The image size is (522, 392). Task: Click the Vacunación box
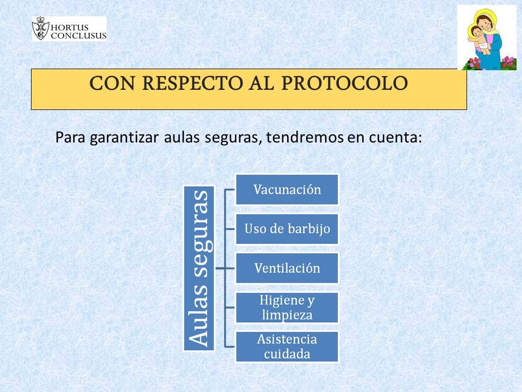(x=287, y=189)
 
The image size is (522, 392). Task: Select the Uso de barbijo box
(x=287, y=229)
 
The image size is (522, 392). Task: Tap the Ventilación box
(x=287, y=268)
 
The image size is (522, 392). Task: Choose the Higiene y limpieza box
(x=287, y=307)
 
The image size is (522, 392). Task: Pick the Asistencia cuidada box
(x=287, y=347)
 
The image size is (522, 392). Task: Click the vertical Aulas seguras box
(x=199, y=268)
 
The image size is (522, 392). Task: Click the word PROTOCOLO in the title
(x=345, y=83)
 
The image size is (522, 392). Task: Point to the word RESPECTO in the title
(x=192, y=83)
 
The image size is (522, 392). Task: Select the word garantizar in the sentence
(x=124, y=138)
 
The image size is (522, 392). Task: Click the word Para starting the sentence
(x=70, y=137)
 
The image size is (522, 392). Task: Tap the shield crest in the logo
(x=41, y=28)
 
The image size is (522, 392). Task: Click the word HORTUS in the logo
(x=70, y=27)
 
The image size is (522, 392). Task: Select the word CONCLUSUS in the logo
(x=78, y=35)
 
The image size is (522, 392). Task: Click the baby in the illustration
(x=480, y=39)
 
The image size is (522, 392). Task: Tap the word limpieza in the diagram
(x=287, y=315)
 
